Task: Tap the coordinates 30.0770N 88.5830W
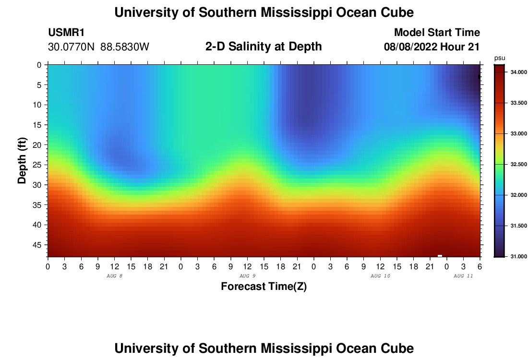point(99,47)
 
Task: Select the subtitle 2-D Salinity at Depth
point(264,47)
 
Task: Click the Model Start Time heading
point(437,33)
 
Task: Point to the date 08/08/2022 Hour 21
point(432,47)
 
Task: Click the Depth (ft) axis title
point(22,159)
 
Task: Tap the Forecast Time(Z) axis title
point(264,287)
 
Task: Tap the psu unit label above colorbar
point(500,58)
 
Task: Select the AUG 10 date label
point(381,276)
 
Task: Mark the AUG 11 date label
point(463,276)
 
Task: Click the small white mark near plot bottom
point(440,255)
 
